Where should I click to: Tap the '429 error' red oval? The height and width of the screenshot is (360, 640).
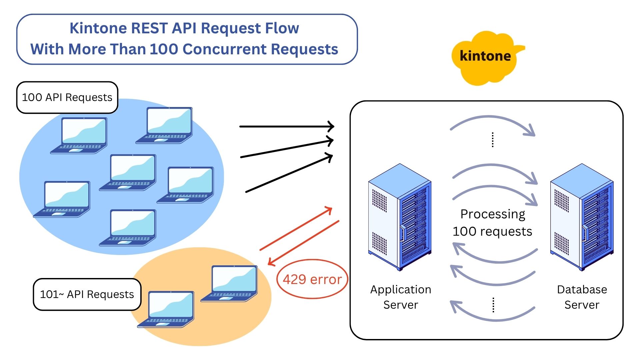pyautogui.click(x=312, y=279)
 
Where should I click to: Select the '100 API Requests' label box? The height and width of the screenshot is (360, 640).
pyautogui.click(x=67, y=97)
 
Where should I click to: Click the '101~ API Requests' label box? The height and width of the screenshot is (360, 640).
pyautogui.click(x=87, y=294)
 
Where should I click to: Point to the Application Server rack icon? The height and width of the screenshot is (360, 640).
pyautogui.click(x=400, y=217)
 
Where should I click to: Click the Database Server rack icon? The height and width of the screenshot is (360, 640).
pyautogui.click(x=582, y=217)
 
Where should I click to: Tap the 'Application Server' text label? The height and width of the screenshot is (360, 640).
pyautogui.click(x=401, y=297)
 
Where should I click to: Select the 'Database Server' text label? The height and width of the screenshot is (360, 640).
pyautogui.click(x=582, y=297)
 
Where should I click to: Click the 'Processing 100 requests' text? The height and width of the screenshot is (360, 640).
pyautogui.click(x=492, y=223)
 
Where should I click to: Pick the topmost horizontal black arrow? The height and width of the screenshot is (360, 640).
pyautogui.click(x=287, y=126)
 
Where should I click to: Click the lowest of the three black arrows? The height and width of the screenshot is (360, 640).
pyautogui.click(x=289, y=173)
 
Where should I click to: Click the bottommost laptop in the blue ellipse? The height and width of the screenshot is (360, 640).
pyautogui.click(x=128, y=228)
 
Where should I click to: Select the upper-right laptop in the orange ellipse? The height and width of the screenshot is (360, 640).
pyautogui.click(x=230, y=283)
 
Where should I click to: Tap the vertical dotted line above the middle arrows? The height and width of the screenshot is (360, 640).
pyautogui.click(x=493, y=140)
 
